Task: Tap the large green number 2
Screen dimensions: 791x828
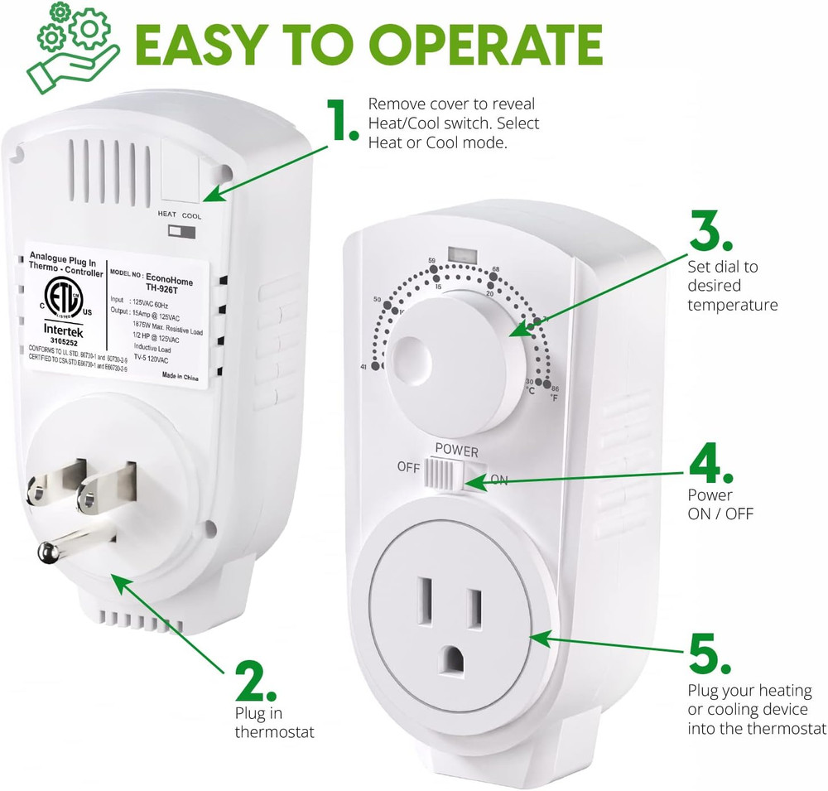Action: [254, 682]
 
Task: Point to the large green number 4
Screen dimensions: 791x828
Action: [710, 466]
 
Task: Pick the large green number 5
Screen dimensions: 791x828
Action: [710, 654]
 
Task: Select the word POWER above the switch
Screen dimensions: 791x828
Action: [456, 451]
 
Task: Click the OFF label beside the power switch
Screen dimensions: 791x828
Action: [408, 467]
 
